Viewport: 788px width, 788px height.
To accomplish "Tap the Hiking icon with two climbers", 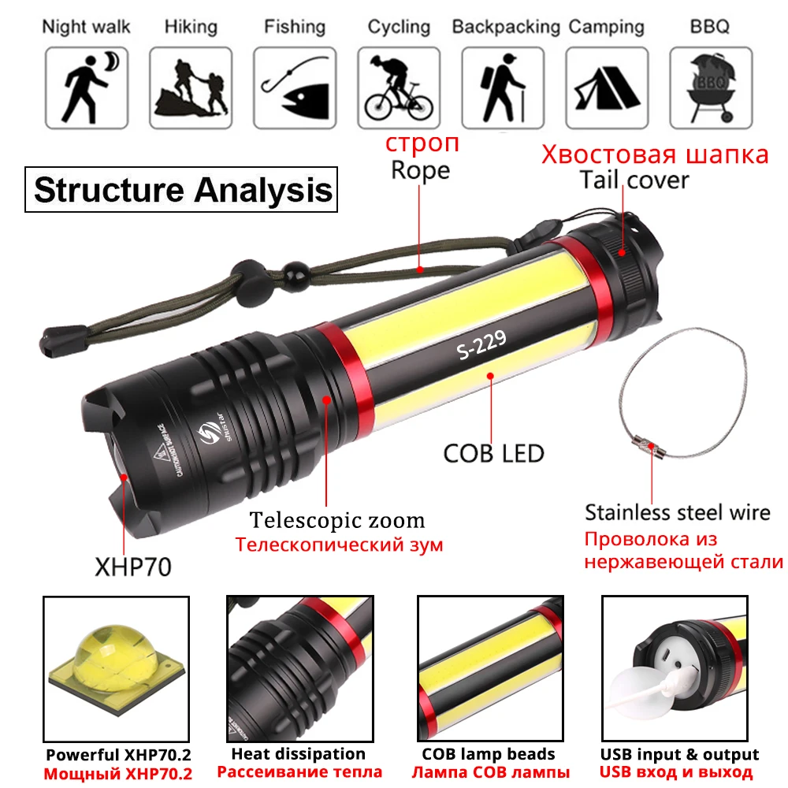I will click(x=191, y=87).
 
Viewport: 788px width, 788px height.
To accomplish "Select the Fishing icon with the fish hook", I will click(x=295, y=87).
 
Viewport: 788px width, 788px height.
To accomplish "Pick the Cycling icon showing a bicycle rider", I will click(x=400, y=87).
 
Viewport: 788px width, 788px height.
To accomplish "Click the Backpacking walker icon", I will click(x=504, y=87).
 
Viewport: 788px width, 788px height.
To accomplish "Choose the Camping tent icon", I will click(x=608, y=87).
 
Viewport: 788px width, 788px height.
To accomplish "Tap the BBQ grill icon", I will click(x=711, y=87).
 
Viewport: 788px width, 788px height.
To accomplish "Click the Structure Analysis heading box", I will click(x=182, y=191).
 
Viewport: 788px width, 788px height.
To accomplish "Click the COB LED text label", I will click(x=494, y=453).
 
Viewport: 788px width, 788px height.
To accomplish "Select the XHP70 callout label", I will click(x=131, y=567).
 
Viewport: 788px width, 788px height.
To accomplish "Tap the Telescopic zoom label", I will click(x=337, y=520).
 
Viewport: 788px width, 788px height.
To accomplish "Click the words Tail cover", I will click(x=634, y=180).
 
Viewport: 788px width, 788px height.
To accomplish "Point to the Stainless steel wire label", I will click(x=677, y=512).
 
